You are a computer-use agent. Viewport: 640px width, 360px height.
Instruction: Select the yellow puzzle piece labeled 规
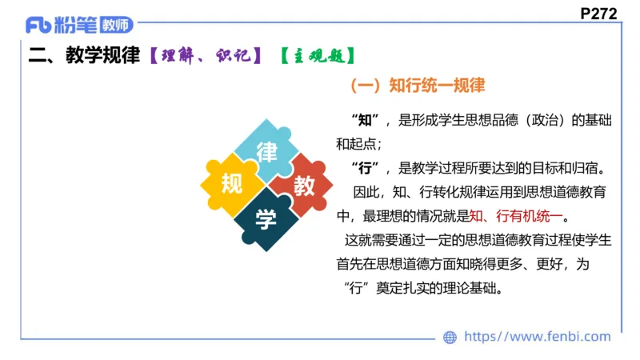click(x=231, y=185)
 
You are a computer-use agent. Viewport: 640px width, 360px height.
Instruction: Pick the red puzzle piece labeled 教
click(x=303, y=186)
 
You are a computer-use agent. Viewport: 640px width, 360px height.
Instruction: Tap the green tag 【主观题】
click(x=317, y=55)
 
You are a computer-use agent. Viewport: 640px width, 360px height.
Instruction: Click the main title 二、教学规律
click(x=84, y=55)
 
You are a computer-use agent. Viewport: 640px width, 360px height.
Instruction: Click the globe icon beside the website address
click(x=450, y=338)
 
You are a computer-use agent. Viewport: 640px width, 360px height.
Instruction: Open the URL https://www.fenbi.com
click(x=538, y=337)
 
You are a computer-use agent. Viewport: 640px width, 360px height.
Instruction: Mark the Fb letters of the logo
click(x=38, y=25)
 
